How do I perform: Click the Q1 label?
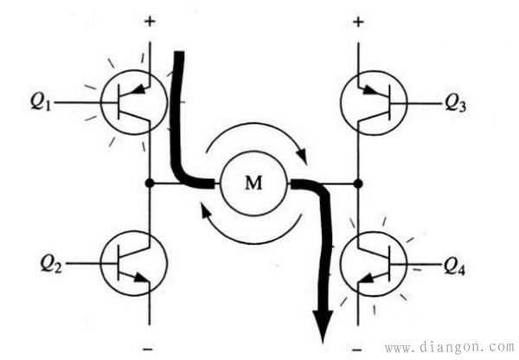point(42,101)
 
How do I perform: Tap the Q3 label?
point(457,103)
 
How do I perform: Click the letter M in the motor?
point(253,183)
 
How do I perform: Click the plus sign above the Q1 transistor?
point(151,20)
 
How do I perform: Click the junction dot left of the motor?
point(151,183)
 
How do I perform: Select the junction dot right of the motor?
point(358,183)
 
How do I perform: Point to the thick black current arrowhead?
point(324,327)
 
